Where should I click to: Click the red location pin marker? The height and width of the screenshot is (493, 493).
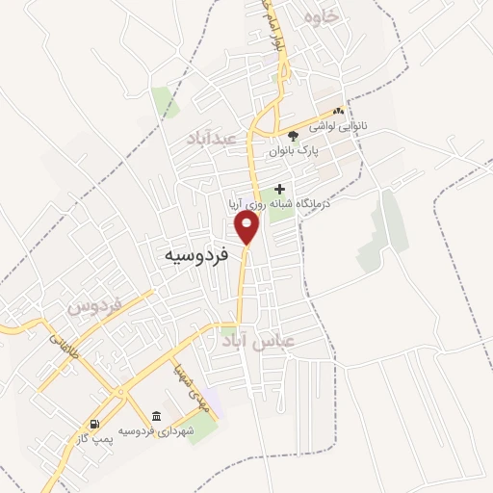(247, 227)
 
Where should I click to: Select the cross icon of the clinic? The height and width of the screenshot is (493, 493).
(280, 189)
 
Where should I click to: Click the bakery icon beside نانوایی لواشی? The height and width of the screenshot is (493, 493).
(339, 112)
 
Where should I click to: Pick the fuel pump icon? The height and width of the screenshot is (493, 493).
(93, 424)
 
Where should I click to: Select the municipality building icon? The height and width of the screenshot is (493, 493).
(156, 415)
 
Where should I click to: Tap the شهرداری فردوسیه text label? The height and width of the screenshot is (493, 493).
(161, 430)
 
